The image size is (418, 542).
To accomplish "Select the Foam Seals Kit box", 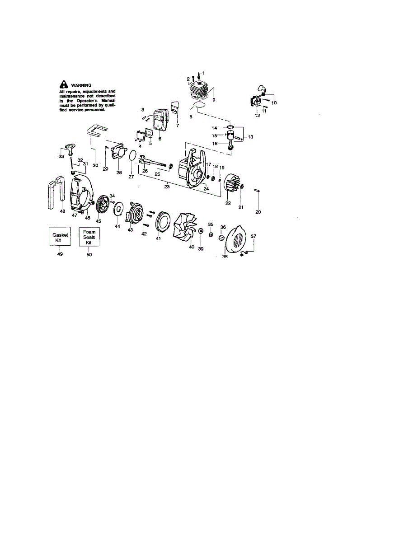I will pos(89,237).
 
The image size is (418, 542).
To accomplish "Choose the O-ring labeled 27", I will pos(132,156).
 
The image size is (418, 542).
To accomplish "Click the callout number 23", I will pos(167,187).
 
